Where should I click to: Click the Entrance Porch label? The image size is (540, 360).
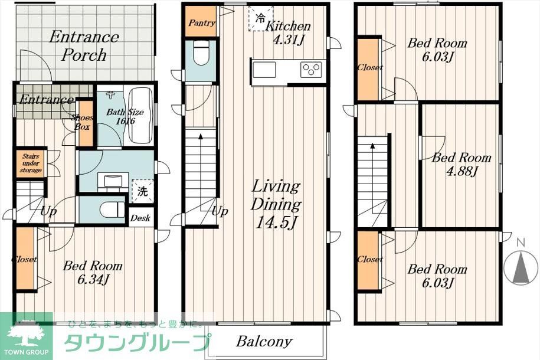pos(83,46)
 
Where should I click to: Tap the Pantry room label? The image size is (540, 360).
pos(201,24)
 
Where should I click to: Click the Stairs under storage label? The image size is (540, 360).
pos(30,163)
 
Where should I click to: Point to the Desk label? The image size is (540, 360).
pos(140,218)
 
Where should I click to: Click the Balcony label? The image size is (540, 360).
pos(264,341)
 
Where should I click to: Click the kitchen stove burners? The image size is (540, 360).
pos(310,69)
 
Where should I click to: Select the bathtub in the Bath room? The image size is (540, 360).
pos(140,115)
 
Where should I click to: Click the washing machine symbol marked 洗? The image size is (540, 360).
pos(142,191)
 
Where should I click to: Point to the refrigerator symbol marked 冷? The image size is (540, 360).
pos(260,18)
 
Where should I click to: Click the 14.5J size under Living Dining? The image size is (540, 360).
pos(276,223)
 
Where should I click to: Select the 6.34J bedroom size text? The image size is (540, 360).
pos(93,279)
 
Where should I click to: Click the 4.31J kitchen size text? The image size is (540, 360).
pos(287,41)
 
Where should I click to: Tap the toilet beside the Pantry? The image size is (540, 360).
pos(202,55)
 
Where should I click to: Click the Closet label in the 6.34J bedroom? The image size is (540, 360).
pos(24,259)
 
